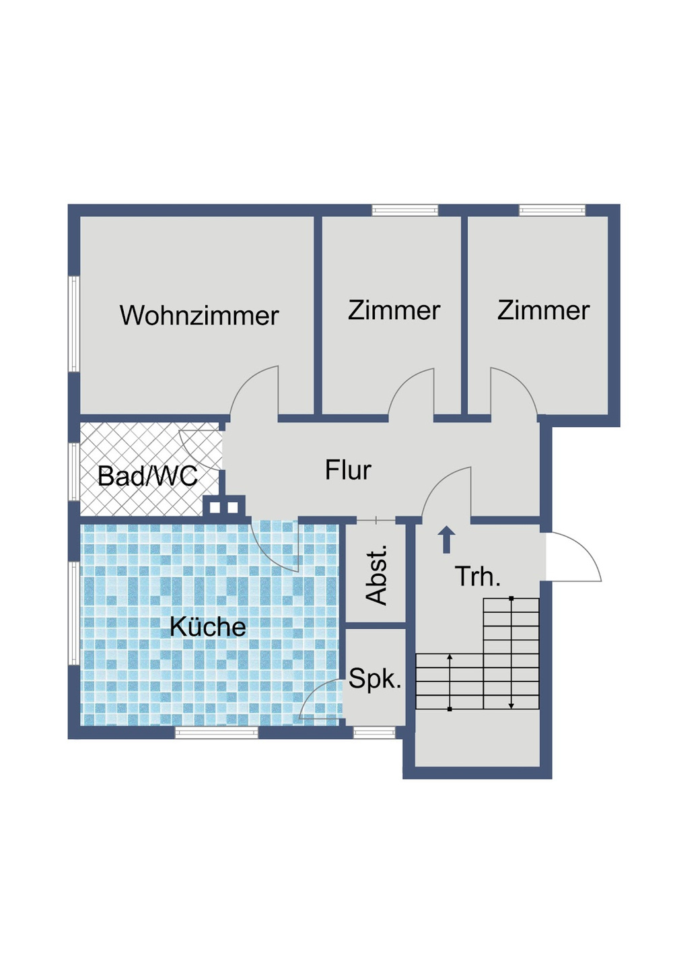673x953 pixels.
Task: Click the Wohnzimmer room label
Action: coord(199,316)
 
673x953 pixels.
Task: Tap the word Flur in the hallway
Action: coord(347,470)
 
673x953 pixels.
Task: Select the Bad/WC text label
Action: coord(147,476)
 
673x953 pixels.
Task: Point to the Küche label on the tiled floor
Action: coord(207,627)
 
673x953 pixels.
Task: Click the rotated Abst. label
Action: coord(376,574)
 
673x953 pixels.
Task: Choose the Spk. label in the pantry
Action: coord(375,679)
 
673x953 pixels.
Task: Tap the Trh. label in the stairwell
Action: coord(477,577)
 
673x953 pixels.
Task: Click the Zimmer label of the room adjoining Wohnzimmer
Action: coord(394,310)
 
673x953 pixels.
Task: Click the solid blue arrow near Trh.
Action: coord(446,540)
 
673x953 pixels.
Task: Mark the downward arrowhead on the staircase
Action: coord(511,704)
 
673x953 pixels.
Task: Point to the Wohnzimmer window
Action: coord(73,323)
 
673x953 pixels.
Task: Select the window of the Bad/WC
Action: coord(73,471)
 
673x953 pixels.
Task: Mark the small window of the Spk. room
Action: coord(374,733)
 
